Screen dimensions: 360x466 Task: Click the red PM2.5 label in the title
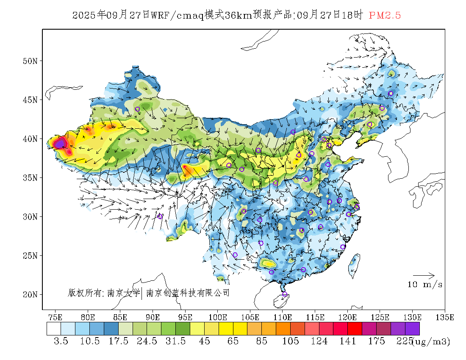click(385, 16)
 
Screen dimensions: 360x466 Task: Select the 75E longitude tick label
click(55, 317)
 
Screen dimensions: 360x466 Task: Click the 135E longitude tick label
click(445, 317)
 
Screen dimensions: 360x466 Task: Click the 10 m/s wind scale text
click(425, 284)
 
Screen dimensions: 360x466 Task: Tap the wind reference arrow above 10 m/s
click(424, 275)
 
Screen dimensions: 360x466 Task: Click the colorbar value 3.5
click(61, 341)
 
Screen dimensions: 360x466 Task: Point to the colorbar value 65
click(233, 341)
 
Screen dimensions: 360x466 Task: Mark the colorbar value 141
click(347, 341)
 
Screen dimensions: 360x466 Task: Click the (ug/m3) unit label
click(431, 341)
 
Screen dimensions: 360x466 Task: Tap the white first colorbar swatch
click(54, 329)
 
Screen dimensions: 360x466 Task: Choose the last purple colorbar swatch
click(412, 329)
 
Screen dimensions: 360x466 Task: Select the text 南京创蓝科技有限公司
click(188, 293)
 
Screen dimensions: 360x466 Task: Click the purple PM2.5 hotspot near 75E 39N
click(60, 144)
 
